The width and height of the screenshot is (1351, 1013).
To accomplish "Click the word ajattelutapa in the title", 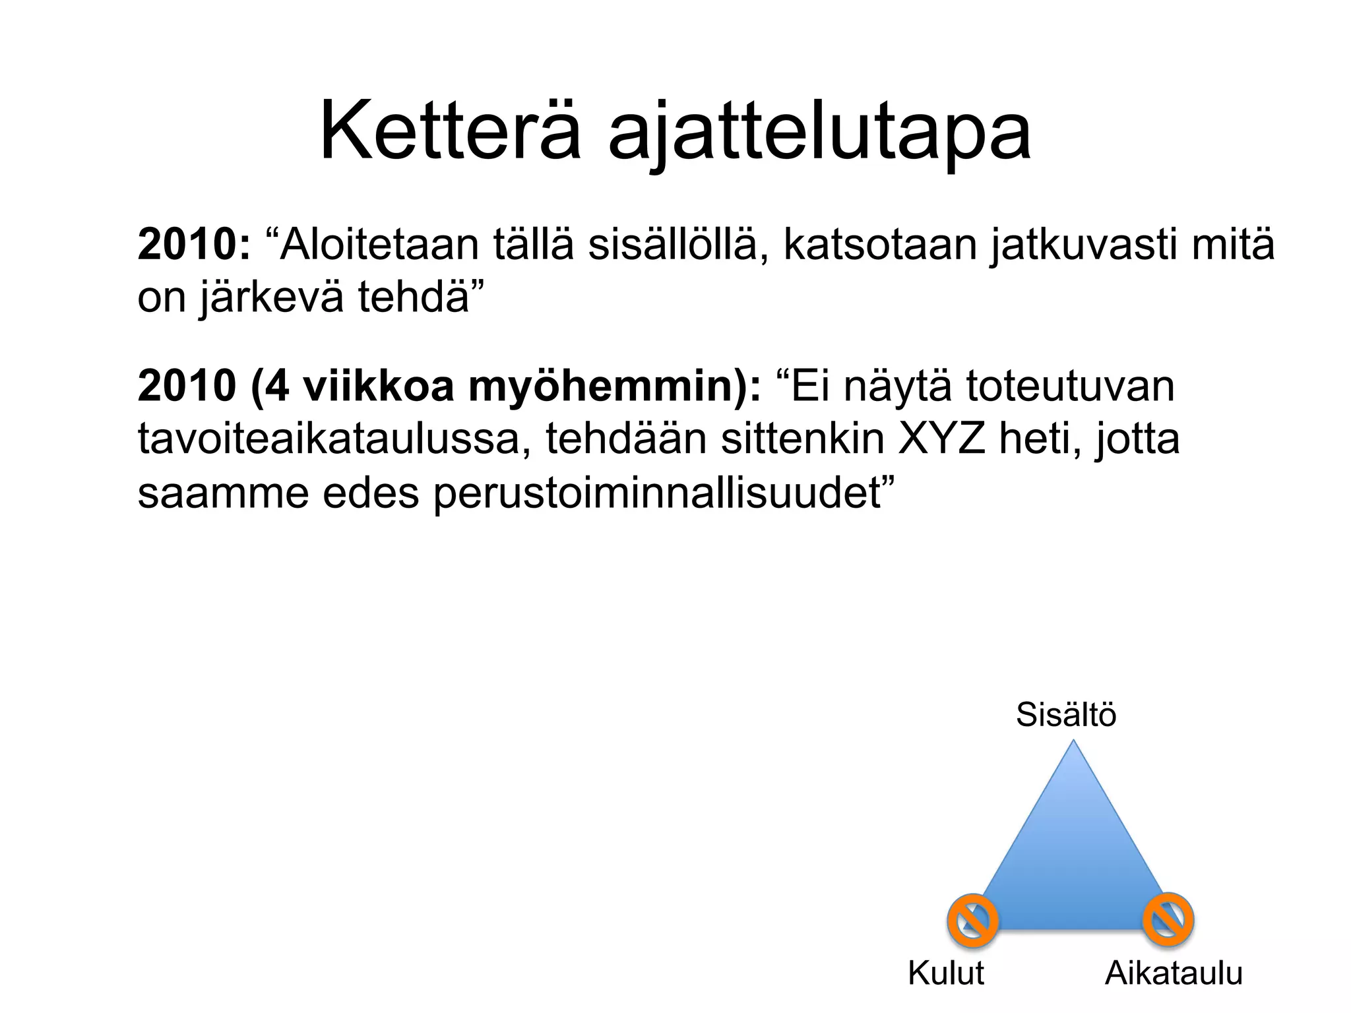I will [819, 135].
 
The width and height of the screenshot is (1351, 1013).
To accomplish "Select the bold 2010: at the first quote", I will [194, 245].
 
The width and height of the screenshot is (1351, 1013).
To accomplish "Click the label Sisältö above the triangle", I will [1065, 715].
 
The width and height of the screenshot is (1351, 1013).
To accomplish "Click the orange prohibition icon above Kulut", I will [972, 920].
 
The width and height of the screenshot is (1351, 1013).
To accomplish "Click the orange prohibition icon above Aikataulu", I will [1168, 919].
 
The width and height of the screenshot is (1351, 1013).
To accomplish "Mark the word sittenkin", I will [802, 439].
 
